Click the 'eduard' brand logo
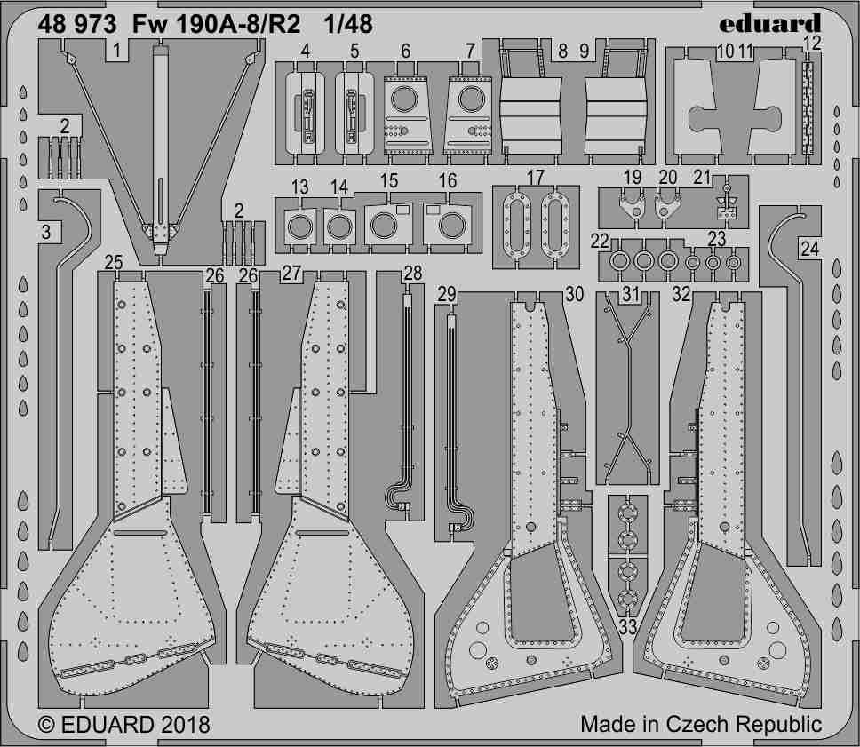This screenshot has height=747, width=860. pos(769,24)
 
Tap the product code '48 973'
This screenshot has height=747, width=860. pos(77,25)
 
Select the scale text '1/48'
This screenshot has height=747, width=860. pos(348,25)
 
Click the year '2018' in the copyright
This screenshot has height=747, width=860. pos(186,725)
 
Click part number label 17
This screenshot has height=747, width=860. pos(535,178)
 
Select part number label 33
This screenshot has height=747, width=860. pos(628,626)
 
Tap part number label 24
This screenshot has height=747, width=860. pos(809,249)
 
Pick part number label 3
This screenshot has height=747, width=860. pos(46,232)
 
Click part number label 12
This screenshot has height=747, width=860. pos(814,43)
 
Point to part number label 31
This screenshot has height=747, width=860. pos(631,295)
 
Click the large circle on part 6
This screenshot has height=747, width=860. pos(403,99)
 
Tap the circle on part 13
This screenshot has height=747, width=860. pos(300,226)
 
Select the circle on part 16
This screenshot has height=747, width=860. pos(452,226)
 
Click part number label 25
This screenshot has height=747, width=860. pos(113,262)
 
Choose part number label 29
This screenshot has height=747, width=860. pos(447,295)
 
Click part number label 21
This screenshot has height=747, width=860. pos(702,178)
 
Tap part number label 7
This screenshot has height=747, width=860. pos(470,51)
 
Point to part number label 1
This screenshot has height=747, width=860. pos(116,51)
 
